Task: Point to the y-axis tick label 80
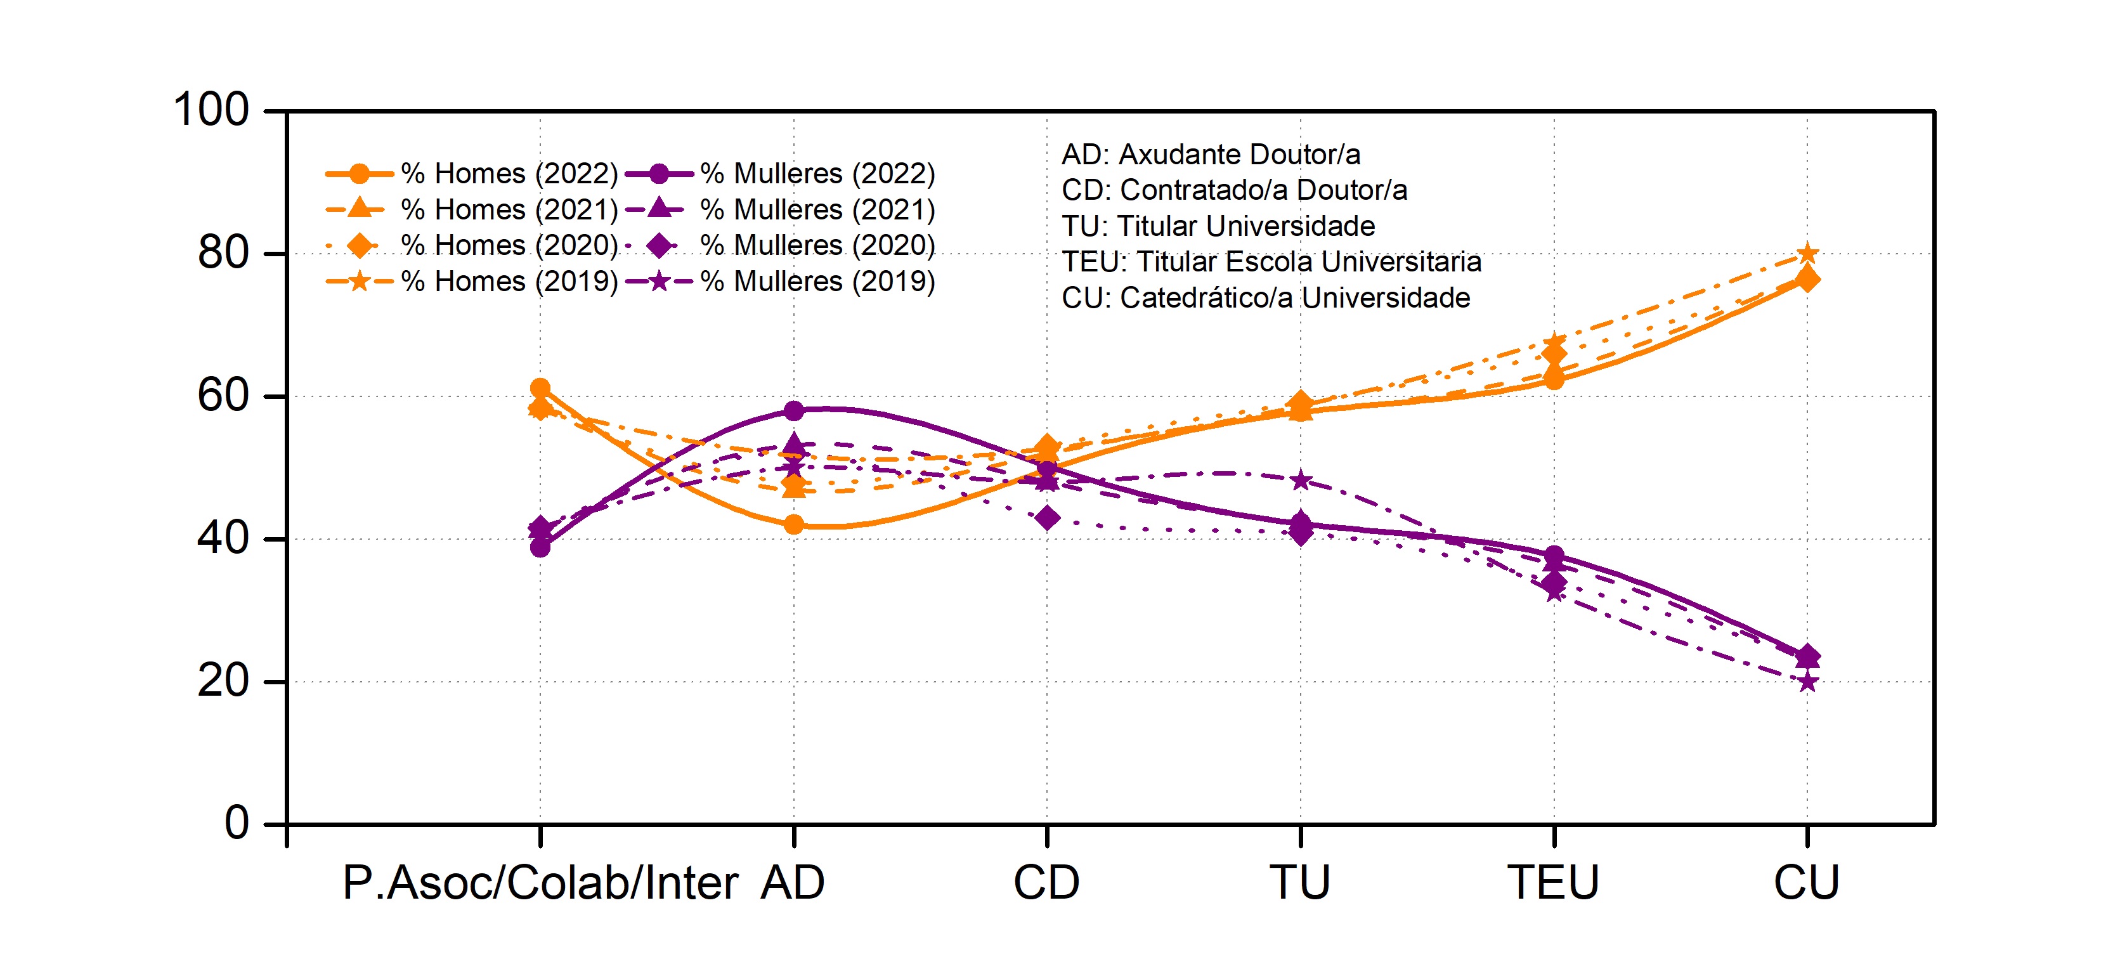[223, 254]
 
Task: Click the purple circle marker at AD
[793, 410]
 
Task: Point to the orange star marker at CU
[1807, 254]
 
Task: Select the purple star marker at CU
[1807, 682]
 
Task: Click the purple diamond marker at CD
[1046, 518]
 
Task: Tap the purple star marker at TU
[1300, 481]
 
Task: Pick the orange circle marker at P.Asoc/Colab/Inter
[540, 388]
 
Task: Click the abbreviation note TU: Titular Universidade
[1218, 226]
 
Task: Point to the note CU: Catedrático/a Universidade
[1266, 297]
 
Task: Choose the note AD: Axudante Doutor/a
[1211, 154]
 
